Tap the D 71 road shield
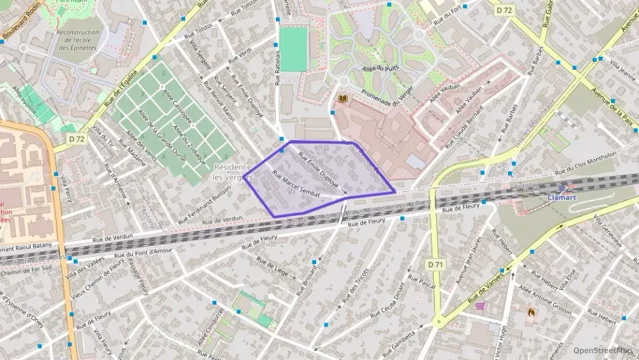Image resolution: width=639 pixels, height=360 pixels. pos(436,264)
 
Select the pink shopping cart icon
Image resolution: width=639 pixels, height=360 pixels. pos(480,306)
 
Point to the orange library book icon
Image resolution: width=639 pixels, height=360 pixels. pos(343,100)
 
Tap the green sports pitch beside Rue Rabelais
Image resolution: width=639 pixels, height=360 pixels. pos(294,49)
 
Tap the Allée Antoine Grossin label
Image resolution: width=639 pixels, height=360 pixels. pos(544,298)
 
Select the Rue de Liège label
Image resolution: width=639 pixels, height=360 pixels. pos(272,266)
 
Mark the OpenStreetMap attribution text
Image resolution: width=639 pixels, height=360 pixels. pos(602,350)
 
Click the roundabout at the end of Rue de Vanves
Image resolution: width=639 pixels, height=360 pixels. pos(438,320)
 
